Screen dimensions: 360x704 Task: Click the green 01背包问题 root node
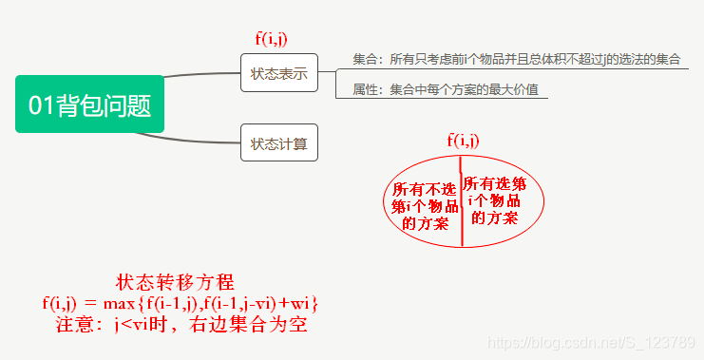point(89,104)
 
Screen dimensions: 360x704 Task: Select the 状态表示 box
point(278,73)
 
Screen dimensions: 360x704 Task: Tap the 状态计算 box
point(278,143)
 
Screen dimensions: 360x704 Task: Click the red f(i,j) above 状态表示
point(272,39)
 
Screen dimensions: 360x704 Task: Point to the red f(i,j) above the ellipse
point(463,141)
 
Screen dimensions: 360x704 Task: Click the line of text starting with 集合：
point(516,59)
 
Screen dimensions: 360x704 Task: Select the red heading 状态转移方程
point(175,282)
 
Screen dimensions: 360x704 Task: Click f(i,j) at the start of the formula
point(59,303)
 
